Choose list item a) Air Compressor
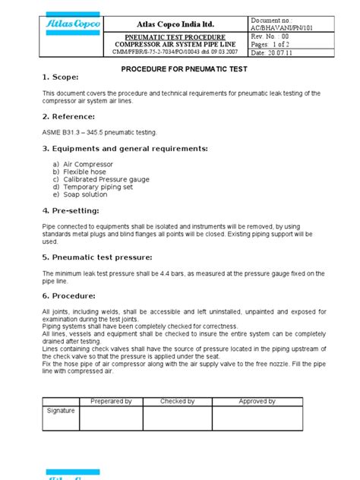(x=84, y=163)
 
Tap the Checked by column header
(x=178, y=400)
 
